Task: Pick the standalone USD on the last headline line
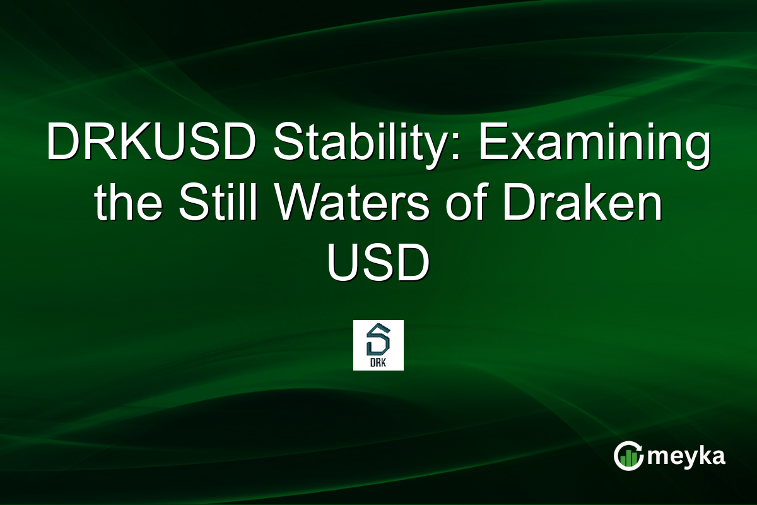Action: (x=378, y=265)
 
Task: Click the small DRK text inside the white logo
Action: (x=378, y=363)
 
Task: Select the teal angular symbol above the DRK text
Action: (x=378, y=341)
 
